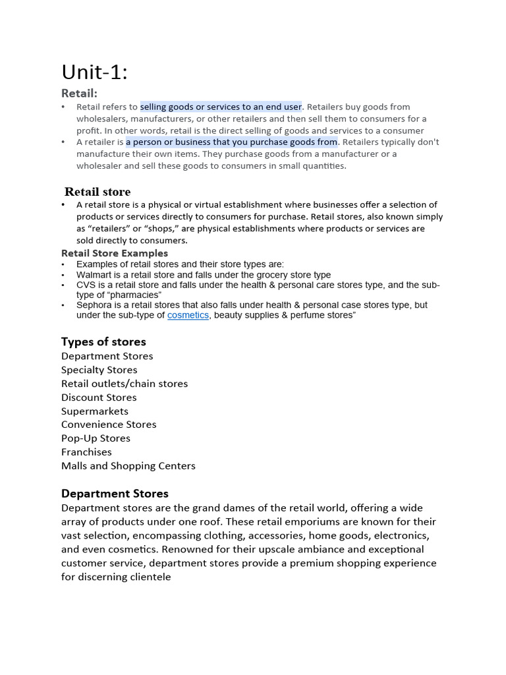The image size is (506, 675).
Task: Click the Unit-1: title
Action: tap(94, 72)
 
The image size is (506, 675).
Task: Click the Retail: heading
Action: tap(79, 94)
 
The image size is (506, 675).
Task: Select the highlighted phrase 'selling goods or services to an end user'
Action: tap(221, 107)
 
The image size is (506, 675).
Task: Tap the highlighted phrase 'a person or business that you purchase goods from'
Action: tap(231, 142)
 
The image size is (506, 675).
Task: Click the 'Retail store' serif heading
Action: tap(98, 192)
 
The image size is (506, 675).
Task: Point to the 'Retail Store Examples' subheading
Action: tap(115, 253)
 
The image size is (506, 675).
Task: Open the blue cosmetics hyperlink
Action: tap(188, 316)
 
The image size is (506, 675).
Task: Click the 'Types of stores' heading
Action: tap(103, 341)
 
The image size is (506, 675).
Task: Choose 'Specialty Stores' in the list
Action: tap(99, 370)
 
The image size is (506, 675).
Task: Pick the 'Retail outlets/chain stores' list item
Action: tap(125, 384)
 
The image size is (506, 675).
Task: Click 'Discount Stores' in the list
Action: tap(99, 397)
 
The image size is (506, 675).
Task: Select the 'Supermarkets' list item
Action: tap(95, 411)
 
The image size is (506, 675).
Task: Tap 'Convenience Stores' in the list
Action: tap(109, 425)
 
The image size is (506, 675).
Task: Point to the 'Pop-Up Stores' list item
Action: tap(96, 438)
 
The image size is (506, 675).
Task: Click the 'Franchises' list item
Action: tap(86, 452)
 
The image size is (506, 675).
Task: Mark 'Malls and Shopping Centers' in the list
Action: tap(128, 466)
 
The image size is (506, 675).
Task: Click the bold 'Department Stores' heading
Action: tap(115, 494)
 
